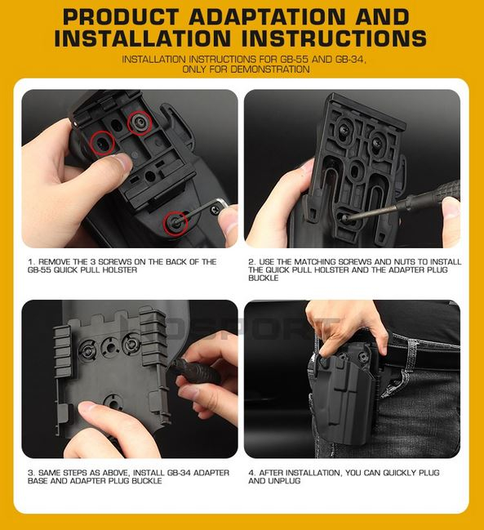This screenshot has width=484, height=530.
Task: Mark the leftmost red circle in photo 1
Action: coord(101,144)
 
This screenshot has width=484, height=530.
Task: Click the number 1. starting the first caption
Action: coord(30,262)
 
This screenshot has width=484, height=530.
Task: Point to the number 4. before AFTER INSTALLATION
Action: coord(251,473)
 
